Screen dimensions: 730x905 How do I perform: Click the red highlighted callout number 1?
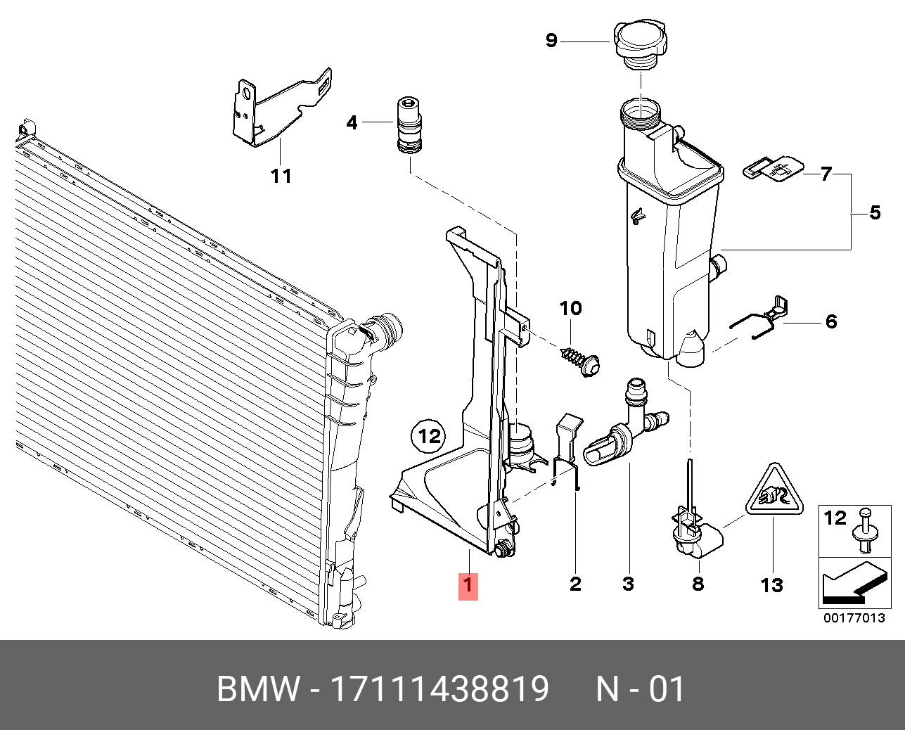tap(468, 585)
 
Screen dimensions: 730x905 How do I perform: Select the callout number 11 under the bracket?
tap(281, 175)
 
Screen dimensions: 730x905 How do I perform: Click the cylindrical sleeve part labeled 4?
tap(408, 124)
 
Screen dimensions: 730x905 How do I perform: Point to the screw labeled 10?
tap(581, 358)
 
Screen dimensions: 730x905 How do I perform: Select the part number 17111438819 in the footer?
tap(439, 689)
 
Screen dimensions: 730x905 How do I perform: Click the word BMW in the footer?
tap(258, 689)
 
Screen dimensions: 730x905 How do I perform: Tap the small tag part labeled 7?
tap(771, 168)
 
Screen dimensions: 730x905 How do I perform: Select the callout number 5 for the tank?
tap(874, 212)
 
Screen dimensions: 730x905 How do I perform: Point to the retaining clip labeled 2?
tap(567, 450)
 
